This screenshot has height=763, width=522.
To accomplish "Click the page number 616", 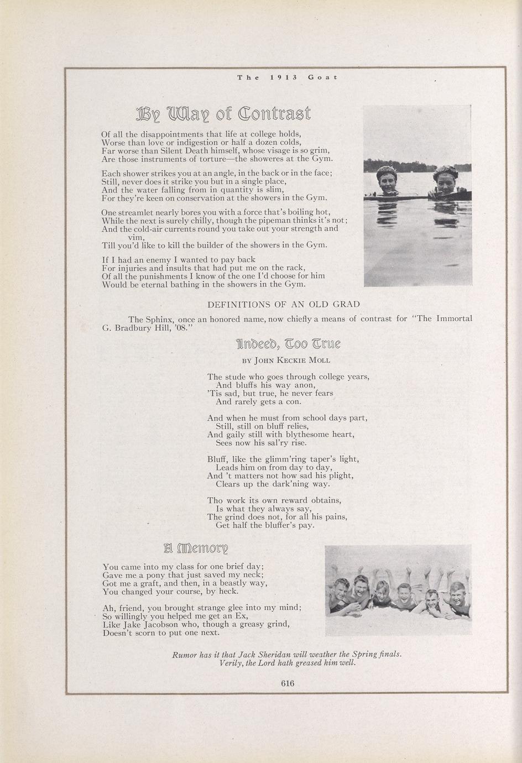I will click(288, 683).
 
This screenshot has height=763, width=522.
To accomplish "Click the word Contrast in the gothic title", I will click(274, 113).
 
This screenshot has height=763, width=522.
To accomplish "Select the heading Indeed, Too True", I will click(289, 344).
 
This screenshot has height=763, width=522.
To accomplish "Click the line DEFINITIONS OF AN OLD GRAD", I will click(283, 304).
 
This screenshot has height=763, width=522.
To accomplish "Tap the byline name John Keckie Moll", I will click(292, 360).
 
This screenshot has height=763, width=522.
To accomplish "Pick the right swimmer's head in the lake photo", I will click(445, 181).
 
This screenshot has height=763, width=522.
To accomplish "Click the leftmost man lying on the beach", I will click(338, 593).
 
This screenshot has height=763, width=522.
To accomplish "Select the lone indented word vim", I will click(136, 237).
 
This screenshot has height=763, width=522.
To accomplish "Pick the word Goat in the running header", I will click(323, 77).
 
